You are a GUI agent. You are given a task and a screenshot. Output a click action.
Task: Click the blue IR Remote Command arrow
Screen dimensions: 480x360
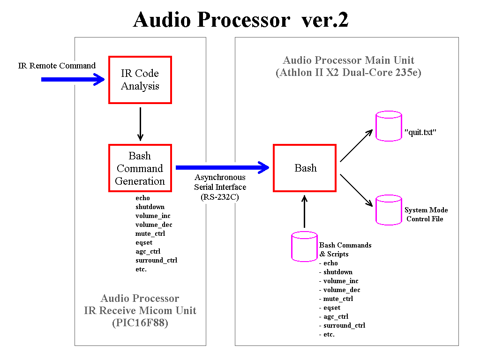(73, 80)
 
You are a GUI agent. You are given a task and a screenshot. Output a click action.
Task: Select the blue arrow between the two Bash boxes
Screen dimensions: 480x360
(223, 167)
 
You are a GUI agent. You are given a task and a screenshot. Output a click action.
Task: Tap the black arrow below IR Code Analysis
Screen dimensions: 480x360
(141, 124)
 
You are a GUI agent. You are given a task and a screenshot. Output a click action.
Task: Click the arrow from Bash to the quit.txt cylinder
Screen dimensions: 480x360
(356, 146)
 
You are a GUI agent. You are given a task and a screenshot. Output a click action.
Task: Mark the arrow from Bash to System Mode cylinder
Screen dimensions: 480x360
(356, 190)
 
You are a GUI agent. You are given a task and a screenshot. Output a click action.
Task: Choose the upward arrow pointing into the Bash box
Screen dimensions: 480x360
(304, 211)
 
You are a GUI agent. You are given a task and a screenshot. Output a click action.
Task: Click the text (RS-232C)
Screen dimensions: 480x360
(220, 197)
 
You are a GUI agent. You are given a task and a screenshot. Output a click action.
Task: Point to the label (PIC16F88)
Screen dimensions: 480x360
(140, 322)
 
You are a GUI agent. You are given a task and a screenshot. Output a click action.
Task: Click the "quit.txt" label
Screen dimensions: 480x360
(420, 132)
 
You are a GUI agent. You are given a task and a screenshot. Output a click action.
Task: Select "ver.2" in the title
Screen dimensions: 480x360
(325, 20)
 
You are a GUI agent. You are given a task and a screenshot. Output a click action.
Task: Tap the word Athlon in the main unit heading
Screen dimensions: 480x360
(300, 72)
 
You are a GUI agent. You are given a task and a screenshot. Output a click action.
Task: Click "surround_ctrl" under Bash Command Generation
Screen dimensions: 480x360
(157, 260)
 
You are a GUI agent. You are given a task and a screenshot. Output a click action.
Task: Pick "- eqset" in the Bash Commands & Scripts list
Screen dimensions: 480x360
(330, 307)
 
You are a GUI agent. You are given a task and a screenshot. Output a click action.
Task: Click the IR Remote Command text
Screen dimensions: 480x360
(57, 66)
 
